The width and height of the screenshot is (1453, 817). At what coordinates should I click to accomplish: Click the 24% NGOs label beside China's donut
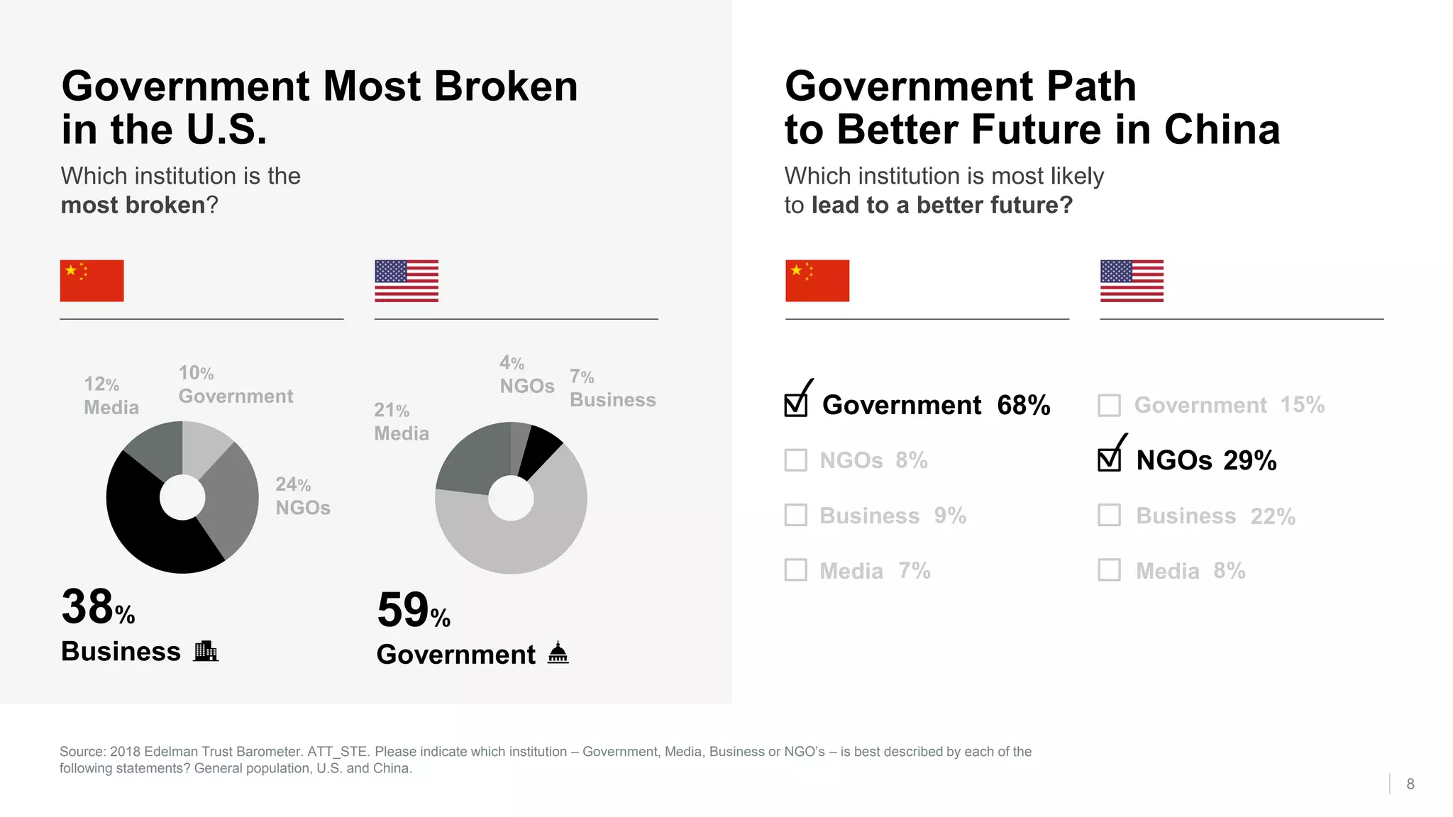coord(303,496)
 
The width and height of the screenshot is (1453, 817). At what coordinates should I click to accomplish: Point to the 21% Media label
coord(401,422)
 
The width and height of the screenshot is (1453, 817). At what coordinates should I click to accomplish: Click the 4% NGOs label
coord(526,374)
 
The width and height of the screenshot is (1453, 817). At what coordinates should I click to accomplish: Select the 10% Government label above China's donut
coord(235,384)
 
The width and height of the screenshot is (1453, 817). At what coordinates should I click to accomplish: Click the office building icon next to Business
coord(206,651)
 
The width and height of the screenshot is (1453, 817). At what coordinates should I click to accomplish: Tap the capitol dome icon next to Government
coord(558,652)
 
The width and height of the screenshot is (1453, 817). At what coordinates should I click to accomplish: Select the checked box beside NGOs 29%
coord(1110,460)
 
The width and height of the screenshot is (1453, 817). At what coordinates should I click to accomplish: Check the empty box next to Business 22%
coord(1110,515)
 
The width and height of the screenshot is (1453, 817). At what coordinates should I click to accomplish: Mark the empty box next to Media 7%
coord(796,570)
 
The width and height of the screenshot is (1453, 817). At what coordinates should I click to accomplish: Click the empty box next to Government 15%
coord(1110,405)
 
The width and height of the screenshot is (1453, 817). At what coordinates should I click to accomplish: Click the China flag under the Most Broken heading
coord(92,281)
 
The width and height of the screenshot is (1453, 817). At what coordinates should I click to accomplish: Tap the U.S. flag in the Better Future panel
coord(1132,281)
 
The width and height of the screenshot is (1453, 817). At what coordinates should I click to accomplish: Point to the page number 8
coord(1410,784)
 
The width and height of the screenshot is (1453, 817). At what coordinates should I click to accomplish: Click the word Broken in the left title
coord(505,87)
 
